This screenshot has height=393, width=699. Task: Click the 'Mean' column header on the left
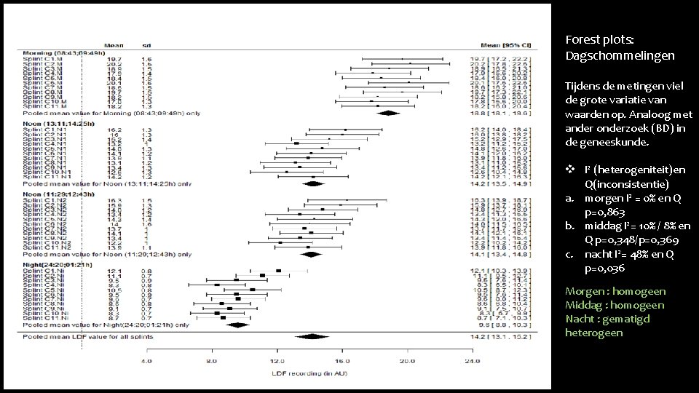[x=112, y=44]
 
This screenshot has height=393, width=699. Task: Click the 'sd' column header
[x=146, y=44]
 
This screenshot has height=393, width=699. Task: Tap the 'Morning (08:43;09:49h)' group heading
[x=64, y=52]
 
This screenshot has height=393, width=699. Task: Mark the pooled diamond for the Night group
[x=238, y=325]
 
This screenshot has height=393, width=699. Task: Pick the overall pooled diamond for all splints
[x=314, y=336]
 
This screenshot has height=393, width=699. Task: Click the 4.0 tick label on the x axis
[x=146, y=361]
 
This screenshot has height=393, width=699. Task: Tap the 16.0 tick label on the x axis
[x=342, y=361]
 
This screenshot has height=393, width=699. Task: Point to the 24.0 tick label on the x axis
[x=473, y=361]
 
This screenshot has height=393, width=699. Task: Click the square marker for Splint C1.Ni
[x=278, y=271]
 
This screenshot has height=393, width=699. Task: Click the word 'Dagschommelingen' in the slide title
[x=620, y=55]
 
